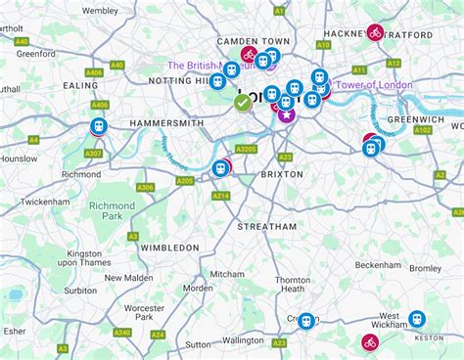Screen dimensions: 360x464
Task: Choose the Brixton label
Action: [x=283, y=174]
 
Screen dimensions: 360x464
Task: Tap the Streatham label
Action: [x=266, y=226]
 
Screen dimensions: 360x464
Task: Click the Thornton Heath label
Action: [x=292, y=285]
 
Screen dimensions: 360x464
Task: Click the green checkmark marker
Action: [x=242, y=102]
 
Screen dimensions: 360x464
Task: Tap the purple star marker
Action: [x=286, y=114]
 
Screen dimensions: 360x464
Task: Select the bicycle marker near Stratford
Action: [x=375, y=32]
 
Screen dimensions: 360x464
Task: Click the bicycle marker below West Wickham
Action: [x=370, y=341]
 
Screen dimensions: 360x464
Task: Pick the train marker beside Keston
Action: [x=417, y=319]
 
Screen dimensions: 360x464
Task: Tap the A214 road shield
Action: [x=220, y=196]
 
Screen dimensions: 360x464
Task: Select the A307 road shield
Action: [x=93, y=154]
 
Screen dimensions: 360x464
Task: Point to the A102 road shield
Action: [x=423, y=129]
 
